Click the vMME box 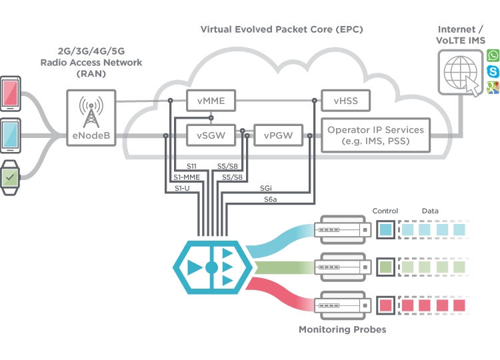point(211,101)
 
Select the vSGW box point(211,135)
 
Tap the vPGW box point(278,135)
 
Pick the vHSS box point(345,101)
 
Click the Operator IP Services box point(375,135)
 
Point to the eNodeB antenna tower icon point(91,111)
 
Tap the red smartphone point(10,93)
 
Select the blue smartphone point(10,135)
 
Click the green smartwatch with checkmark point(9,177)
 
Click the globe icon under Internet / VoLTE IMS point(460,73)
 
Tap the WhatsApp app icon point(493,55)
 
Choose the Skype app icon point(493,71)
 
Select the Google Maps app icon point(493,87)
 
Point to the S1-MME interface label point(187,177)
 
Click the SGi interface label point(265,188)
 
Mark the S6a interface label point(270,199)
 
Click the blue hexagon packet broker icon point(213,267)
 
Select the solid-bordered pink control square point(385,305)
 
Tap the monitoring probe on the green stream point(343,267)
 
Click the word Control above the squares point(385,211)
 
